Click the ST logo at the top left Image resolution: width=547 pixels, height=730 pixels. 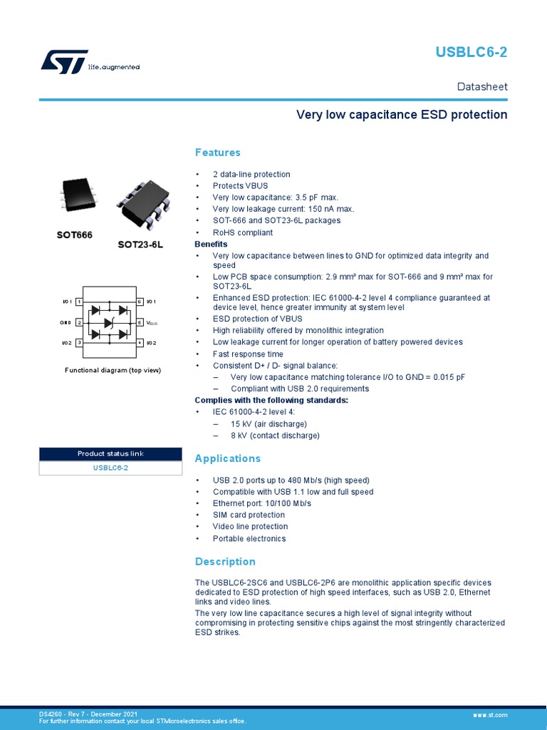64,61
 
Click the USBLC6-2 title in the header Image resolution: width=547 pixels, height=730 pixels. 482,52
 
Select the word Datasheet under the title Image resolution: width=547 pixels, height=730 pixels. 482,86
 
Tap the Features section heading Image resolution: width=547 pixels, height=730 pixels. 218,153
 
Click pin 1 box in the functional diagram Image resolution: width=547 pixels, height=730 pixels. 78,302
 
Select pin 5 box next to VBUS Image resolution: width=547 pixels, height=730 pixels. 140,323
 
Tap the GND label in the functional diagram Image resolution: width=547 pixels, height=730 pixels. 66,323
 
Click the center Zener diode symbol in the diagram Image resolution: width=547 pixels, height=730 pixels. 109,323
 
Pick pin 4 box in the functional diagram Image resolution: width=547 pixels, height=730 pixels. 140,343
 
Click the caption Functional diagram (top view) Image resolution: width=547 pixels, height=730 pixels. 113,370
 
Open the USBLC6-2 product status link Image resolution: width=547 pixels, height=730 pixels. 110,468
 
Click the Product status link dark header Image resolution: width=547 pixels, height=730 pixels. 110,454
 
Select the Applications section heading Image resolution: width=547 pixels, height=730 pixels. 228,458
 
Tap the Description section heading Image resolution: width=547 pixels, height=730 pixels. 225,562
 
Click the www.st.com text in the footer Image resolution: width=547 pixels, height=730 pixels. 489,714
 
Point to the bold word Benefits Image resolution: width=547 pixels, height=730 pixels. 211,244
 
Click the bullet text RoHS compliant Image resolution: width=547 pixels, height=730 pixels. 242,232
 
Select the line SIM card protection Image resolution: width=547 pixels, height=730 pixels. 249,515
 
